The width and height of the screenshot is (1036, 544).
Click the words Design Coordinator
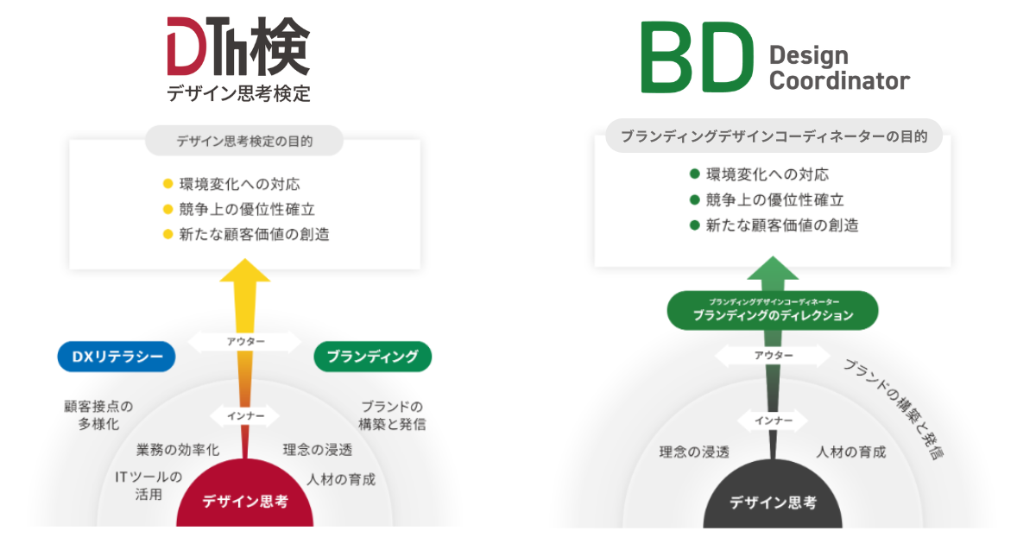[x=838, y=69]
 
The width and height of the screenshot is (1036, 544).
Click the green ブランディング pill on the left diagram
[x=373, y=357]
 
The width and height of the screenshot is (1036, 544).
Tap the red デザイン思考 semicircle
[x=245, y=502]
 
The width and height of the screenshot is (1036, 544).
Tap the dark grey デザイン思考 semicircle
[x=773, y=502]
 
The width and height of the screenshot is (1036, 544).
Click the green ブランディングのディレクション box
[x=773, y=311]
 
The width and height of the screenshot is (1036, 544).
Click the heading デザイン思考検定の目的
[x=244, y=141]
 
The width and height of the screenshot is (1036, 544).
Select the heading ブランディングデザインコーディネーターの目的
[x=774, y=136]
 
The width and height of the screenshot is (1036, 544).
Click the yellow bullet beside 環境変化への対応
[x=168, y=184]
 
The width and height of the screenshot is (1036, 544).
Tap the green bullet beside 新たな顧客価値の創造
[x=694, y=225]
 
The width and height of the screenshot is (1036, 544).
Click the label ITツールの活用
[x=148, y=485]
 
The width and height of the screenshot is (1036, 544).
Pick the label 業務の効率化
[x=178, y=450]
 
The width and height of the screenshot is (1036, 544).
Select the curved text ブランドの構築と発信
[x=894, y=408]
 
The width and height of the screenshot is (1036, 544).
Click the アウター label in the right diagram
[x=773, y=356]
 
